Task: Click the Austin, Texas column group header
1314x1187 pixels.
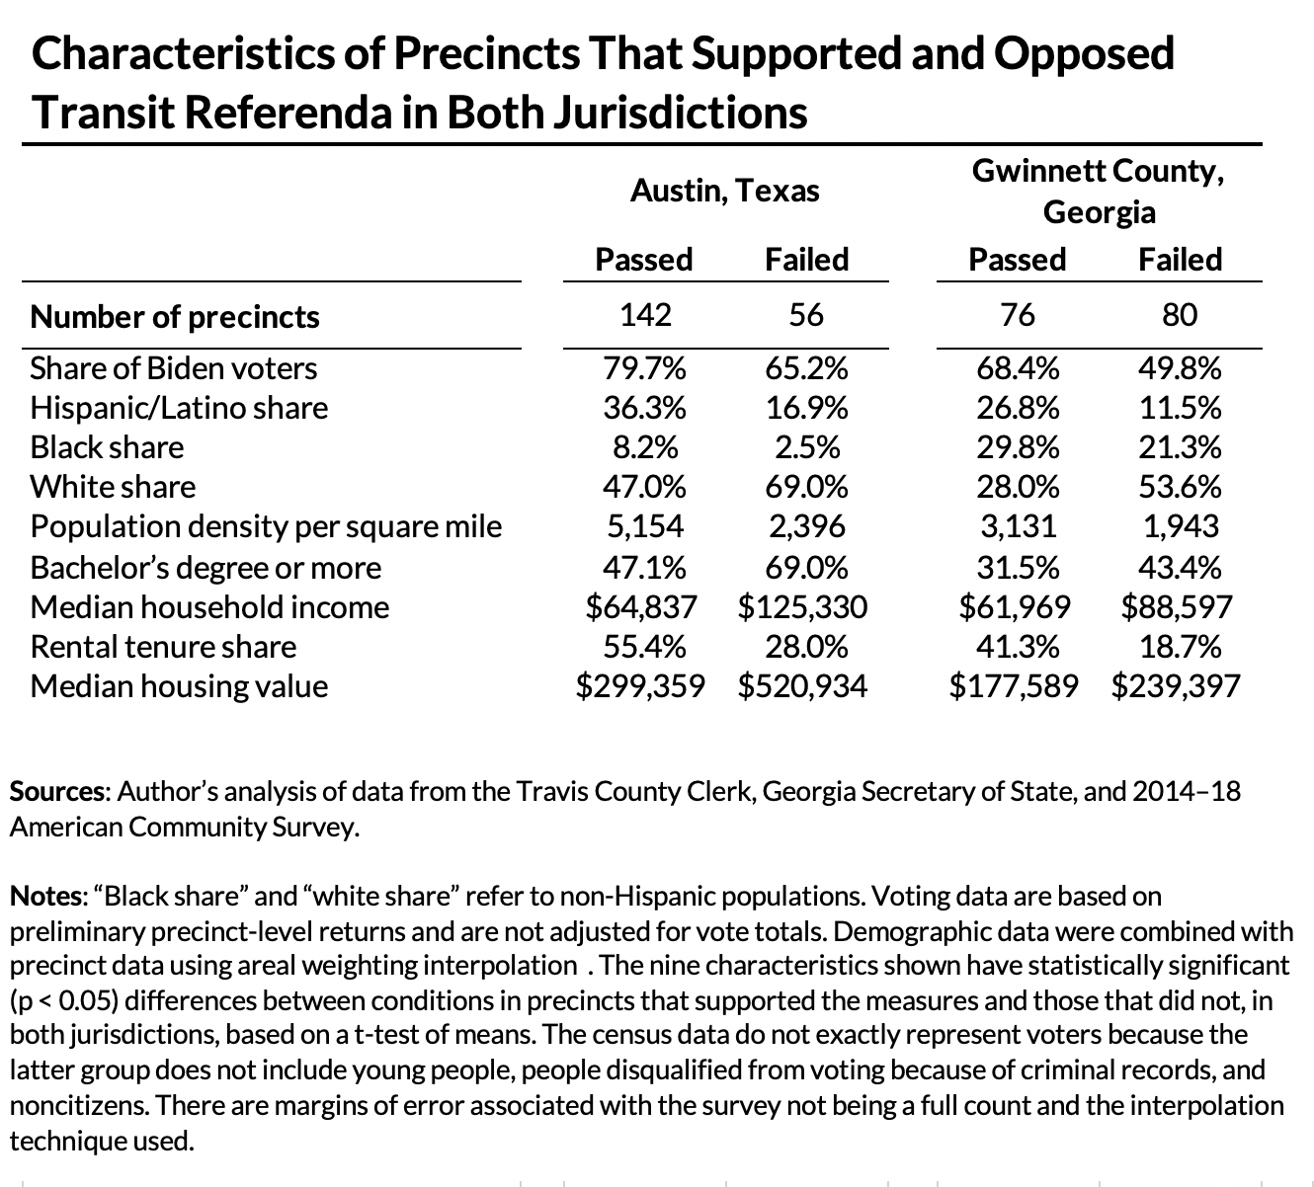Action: click(x=724, y=190)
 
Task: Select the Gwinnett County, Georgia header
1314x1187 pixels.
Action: click(x=1099, y=191)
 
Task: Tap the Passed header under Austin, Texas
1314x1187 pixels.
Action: click(x=644, y=260)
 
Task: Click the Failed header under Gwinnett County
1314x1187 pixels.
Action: click(x=1180, y=260)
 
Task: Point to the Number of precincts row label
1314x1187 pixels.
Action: click(x=175, y=317)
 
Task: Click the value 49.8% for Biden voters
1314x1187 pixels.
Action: click(x=1180, y=368)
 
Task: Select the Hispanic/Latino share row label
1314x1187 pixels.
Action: click(x=179, y=408)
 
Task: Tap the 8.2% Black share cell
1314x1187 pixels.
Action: click(x=644, y=447)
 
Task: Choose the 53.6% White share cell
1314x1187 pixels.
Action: click(x=1180, y=487)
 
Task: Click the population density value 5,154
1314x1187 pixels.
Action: click(x=644, y=526)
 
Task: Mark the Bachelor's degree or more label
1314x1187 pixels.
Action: click(x=205, y=568)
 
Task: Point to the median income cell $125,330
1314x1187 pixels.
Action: click(x=802, y=607)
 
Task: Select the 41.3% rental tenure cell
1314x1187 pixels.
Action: click(x=1018, y=647)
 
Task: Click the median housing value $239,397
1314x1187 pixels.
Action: click(x=1175, y=686)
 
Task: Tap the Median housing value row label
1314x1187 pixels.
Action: click(x=179, y=686)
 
